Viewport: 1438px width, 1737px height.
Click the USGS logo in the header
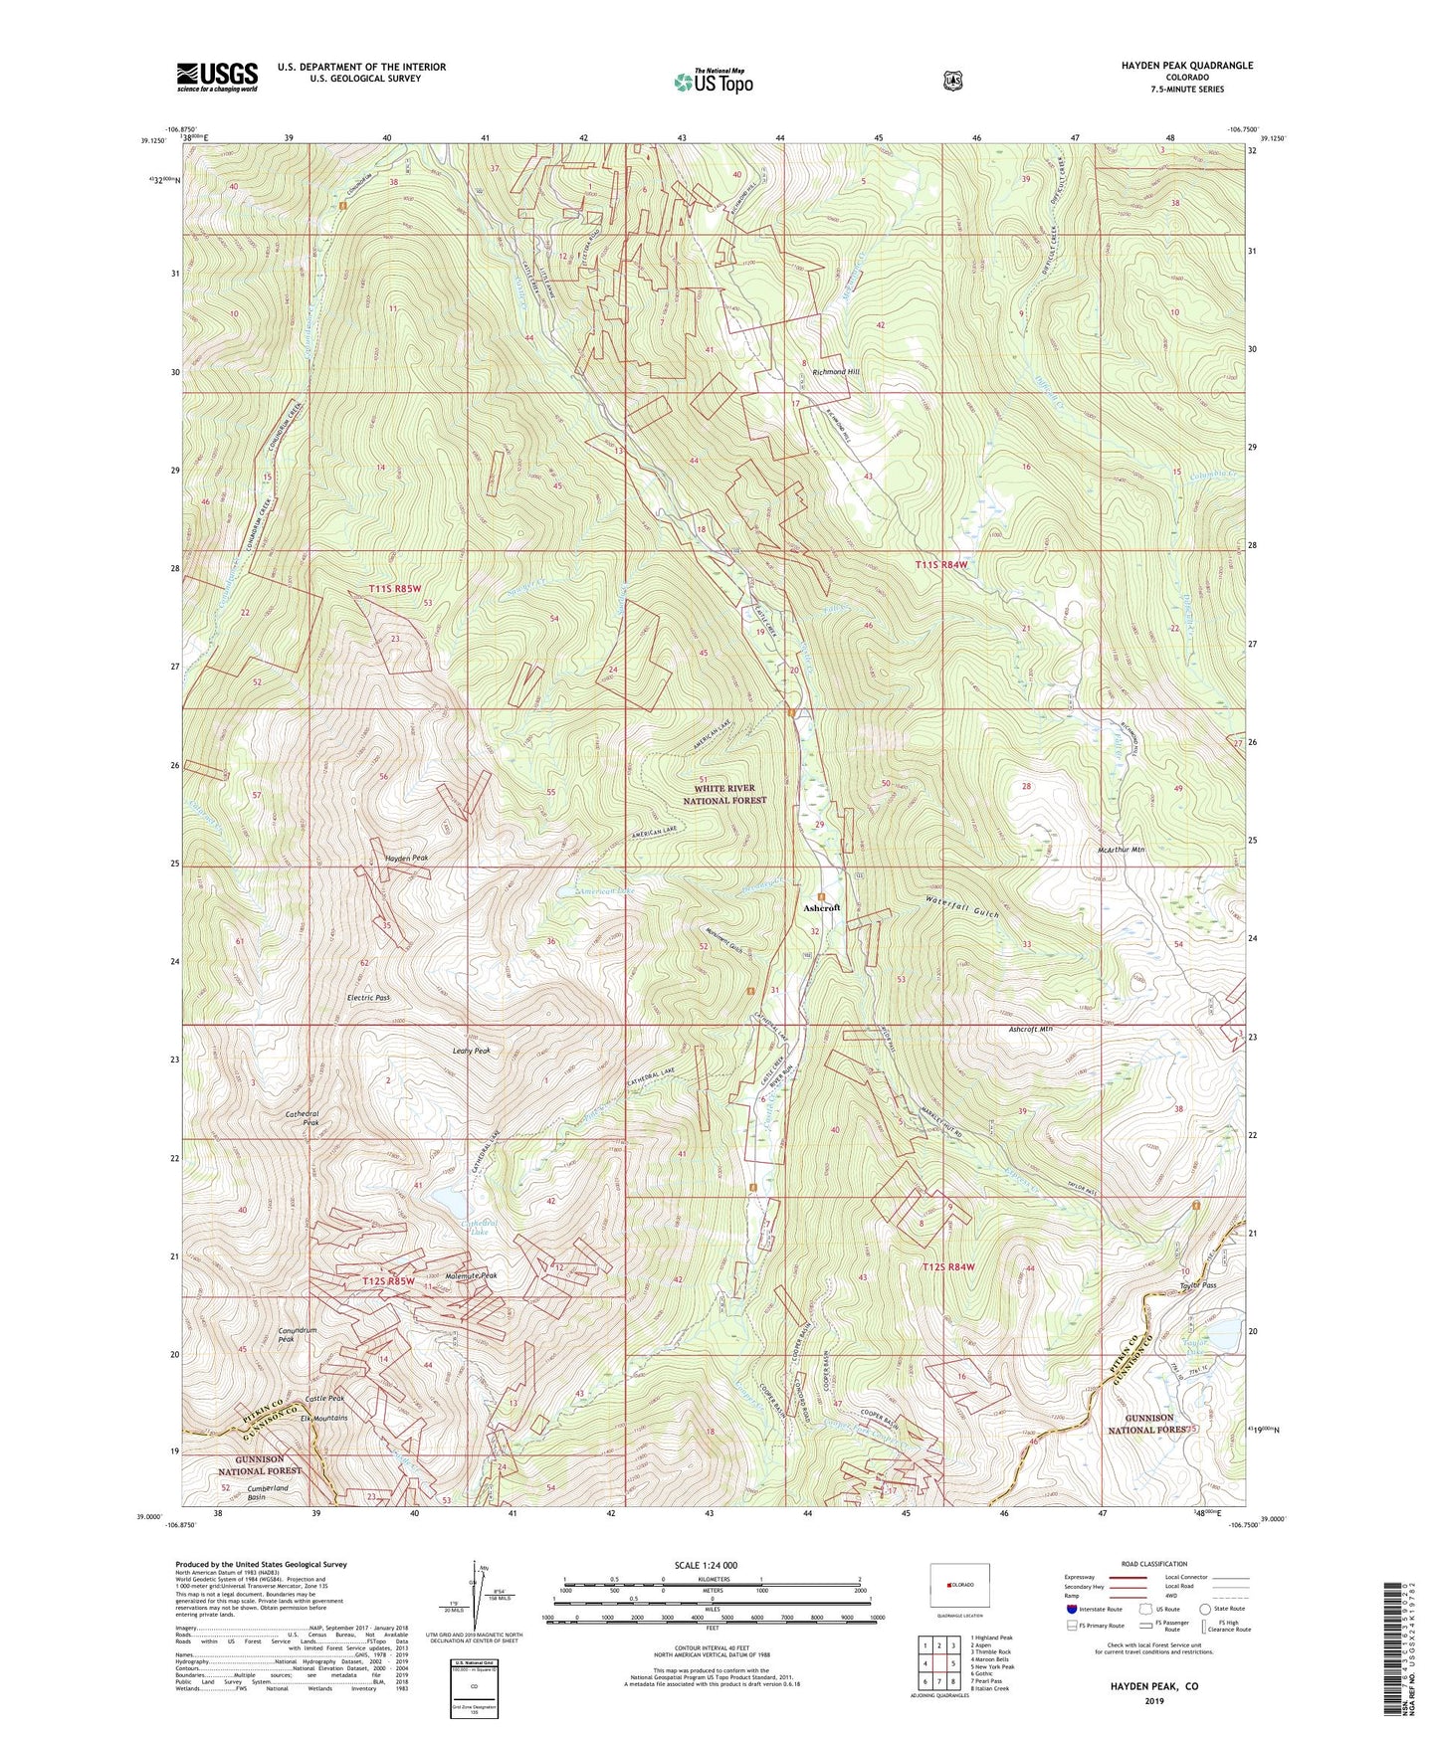point(217,77)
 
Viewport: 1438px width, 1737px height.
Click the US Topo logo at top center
point(713,81)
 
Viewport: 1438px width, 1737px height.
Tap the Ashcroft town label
point(822,908)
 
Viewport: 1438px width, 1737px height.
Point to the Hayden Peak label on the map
point(406,858)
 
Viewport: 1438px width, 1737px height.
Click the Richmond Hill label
point(835,371)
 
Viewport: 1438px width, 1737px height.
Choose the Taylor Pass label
point(1197,1285)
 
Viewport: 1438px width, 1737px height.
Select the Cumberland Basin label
point(269,1493)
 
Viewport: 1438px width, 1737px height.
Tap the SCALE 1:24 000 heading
point(706,1565)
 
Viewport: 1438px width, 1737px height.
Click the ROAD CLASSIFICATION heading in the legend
point(1153,1564)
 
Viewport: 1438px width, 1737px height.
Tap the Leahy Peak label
point(471,1051)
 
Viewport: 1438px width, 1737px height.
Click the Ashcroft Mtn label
point(1030,1029)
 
